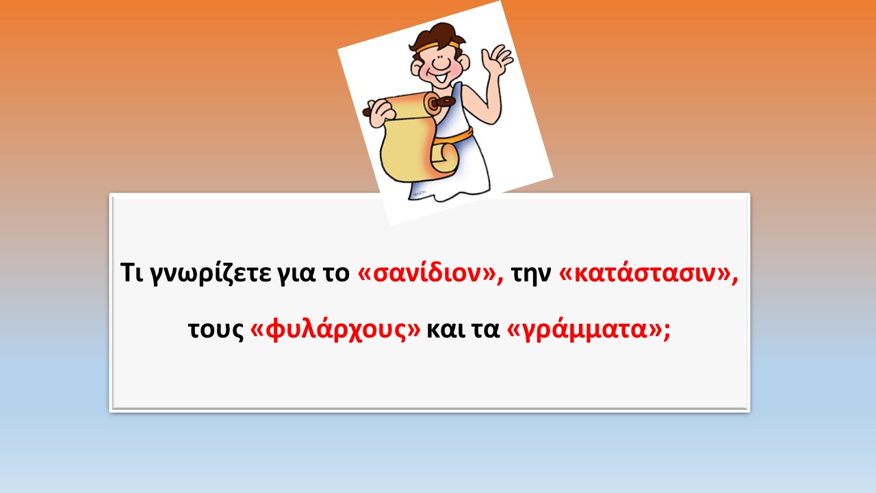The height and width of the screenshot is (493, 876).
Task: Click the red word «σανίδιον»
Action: click(430, 273)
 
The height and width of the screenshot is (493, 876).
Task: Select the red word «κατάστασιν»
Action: click(649, 273)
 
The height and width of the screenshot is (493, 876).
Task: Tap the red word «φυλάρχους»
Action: click(335, 329)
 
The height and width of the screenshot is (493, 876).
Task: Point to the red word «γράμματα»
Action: click(584, 329)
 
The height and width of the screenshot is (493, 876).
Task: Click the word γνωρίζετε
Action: click(211, 273)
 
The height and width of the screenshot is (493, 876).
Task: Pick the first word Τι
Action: click(132, 272)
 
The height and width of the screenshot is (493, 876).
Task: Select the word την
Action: click(531, 273)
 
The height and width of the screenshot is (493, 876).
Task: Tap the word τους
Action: click(216, 329)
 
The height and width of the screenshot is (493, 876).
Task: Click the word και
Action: click(445, 329)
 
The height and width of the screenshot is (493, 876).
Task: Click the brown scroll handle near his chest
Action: click(441, 103)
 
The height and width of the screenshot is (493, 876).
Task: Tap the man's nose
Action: click(441, 63)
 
